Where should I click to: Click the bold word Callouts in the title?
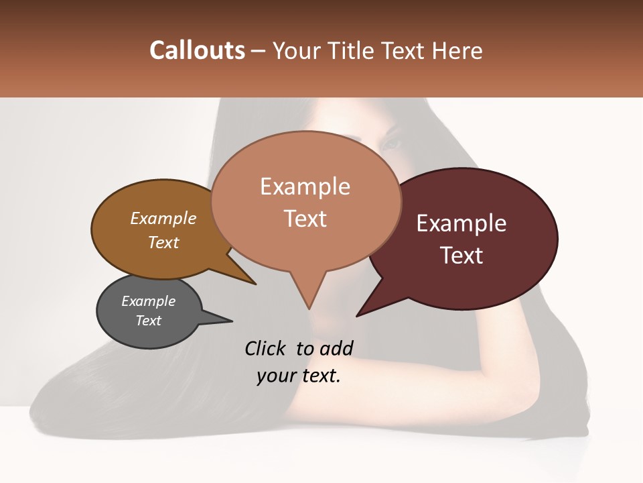(197, 50)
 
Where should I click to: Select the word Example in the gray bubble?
(148, 301)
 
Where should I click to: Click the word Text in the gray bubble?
(148, 321)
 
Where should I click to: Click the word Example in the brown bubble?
(163, 218)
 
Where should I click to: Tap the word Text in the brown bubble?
(163, 242)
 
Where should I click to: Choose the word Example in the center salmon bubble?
(305, 186)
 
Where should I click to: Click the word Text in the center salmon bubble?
(305, 219)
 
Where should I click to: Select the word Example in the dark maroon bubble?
(461, 223)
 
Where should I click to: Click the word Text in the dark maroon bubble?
(461, 256)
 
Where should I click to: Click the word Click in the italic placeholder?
(267, 348)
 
